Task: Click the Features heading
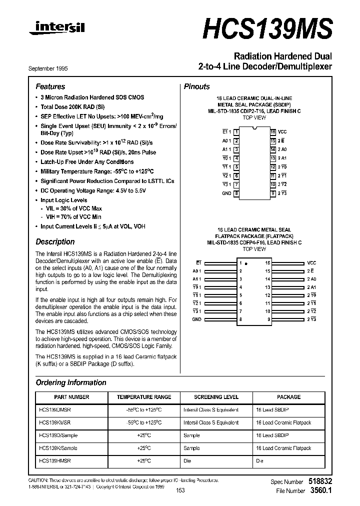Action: coord(50,86)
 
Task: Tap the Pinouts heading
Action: coord(197,86)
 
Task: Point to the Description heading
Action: coord(55,241)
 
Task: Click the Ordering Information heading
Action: coord(71,382)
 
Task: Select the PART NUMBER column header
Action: coord(71,397)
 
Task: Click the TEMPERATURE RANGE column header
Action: coord(144,397)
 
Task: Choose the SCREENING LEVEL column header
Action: coord(216,397)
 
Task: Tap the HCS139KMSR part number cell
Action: coord(54,422)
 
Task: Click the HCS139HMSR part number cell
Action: coord(54,460)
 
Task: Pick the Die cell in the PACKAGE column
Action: coord(259,460)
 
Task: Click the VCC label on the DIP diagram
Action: coord(282,131)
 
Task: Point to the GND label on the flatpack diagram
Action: coord(196,319)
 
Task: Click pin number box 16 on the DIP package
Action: coord(273,131)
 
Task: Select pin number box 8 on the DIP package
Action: coord(236,193)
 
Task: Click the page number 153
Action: coord(180,490)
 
